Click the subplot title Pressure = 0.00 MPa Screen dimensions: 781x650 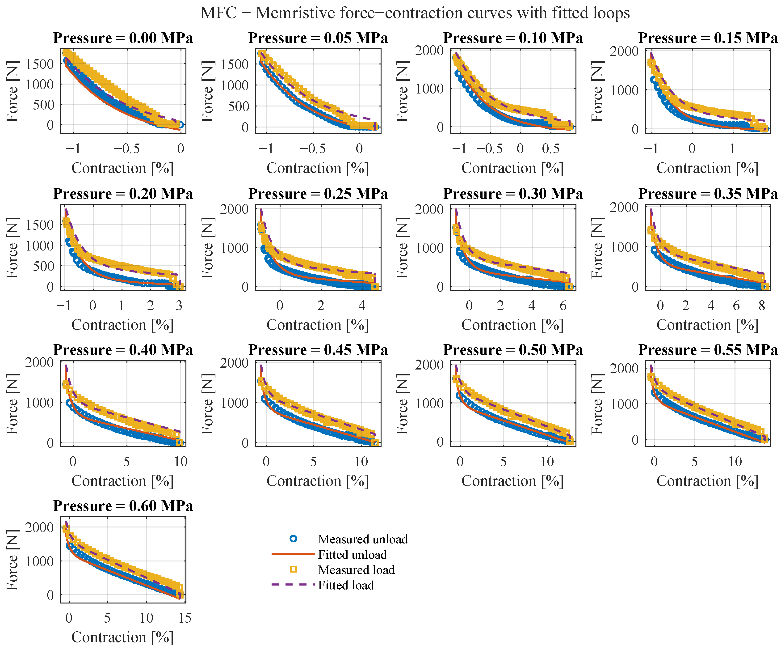tap(123, 38)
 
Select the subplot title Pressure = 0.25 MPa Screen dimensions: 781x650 tap(318, 194)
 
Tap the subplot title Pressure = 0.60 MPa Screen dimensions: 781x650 tap(123, 506)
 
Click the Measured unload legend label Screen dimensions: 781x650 tap(363, 539)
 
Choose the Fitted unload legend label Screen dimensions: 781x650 tap(353, 554)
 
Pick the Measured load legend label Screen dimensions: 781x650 tap(356, 570)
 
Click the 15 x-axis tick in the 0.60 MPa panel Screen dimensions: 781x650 tap(185, 618)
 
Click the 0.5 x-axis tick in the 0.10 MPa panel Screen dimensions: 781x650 tap(550, 149)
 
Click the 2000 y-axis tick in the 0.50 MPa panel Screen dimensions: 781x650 tap(429, 365)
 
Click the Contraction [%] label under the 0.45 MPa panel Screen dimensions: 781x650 tap(318, 481)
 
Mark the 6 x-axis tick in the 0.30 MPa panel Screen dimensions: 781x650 tap(563, 306)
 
